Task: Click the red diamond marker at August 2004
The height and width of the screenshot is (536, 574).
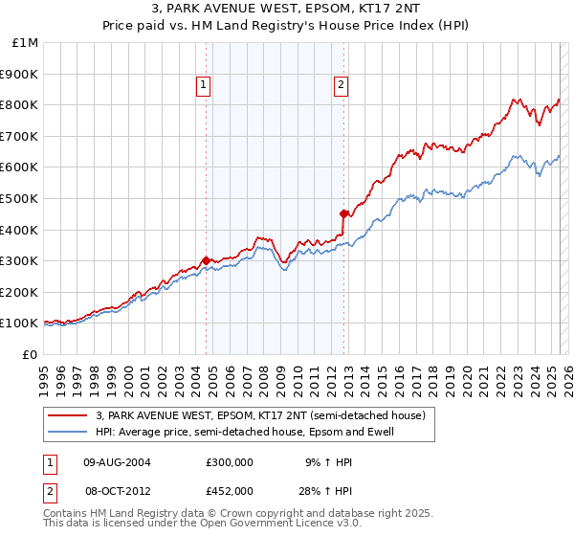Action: pyautogui.click(x=206, y=259)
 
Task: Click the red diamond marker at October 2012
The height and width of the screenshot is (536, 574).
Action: pyautogui.click(x=343, y=212)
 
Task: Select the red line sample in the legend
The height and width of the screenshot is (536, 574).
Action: pyautogui.click(x=68, y=414)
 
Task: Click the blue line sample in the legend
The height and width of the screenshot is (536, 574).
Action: pyautogui.click(x=68, y=432)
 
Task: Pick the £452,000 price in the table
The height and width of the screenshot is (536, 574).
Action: pyautogui.click(x=230, y=490)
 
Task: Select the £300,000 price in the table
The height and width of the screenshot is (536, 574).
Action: pyautogui.click(x=230, y=461)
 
